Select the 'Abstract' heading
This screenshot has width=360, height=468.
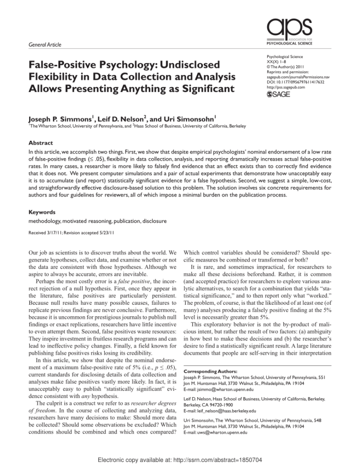pyautogui.click(x=40, y=143)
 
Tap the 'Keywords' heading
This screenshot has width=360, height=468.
pyautogui.click(x=42, y=212)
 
